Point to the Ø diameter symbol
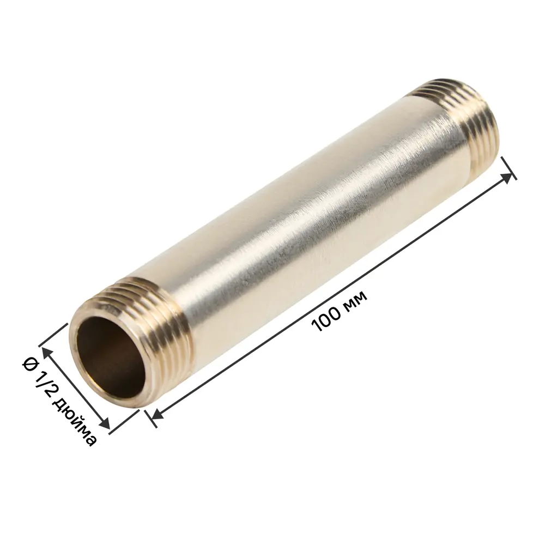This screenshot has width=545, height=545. pyautogui.click(x=29, y=364)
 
